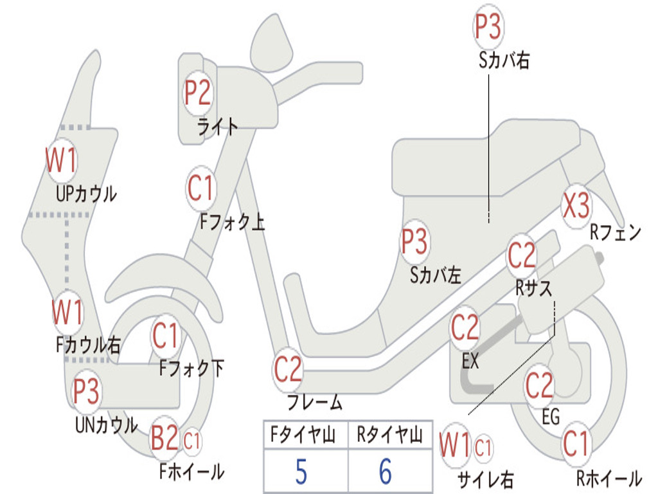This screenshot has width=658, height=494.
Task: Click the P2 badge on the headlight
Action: point(198,93)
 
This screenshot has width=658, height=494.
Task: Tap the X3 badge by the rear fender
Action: point(576,206)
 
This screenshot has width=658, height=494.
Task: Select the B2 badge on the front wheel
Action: point(164,438)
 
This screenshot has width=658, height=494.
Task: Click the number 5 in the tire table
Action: point(301,471)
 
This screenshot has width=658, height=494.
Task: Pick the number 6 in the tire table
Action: point(386,471)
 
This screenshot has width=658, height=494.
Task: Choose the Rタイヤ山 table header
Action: point(389,434)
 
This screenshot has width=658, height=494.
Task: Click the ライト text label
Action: point(217,127)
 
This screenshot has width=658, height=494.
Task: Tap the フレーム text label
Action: point(315,402)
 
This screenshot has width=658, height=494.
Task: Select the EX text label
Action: point(470,361)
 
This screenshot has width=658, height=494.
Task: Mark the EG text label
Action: point(551,417)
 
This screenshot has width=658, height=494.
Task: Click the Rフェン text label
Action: point(616,232)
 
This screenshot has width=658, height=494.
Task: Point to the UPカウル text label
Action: point(86,194)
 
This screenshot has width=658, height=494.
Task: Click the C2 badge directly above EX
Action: point(465,328)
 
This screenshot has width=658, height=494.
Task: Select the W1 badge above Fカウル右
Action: point(67,313)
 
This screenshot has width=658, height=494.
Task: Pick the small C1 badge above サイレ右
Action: point(483,448)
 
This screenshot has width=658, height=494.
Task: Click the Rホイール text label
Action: point(609,479)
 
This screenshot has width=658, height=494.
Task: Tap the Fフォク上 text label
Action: point(233,222)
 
